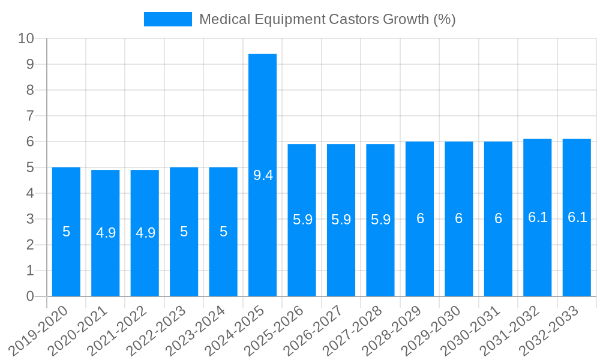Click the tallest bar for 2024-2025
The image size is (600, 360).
(263, 120)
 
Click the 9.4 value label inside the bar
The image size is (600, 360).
(263, 175)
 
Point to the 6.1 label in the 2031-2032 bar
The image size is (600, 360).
(538, 218)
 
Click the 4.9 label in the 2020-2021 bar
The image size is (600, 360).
(106, 233)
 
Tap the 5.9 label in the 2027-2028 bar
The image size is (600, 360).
(380, 220)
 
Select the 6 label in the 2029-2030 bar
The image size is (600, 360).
(459, 218)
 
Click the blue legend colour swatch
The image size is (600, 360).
(167, 19)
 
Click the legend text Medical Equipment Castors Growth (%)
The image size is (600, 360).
(328, 19)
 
